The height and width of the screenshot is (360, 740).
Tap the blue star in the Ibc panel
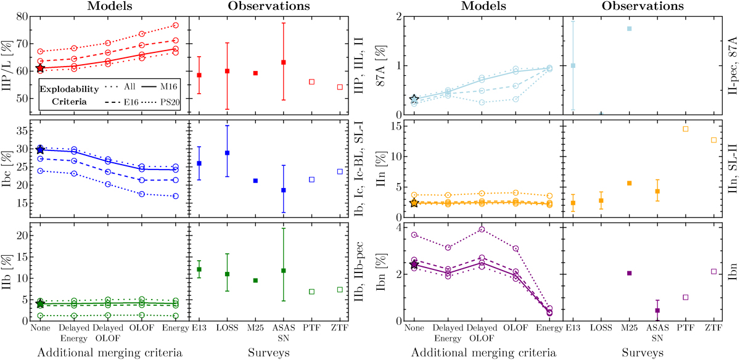40,149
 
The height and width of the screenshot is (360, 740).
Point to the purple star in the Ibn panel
414,264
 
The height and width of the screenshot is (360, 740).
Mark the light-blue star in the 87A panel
414,99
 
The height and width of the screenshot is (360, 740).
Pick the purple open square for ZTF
713,271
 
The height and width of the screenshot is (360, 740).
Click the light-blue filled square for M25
629,29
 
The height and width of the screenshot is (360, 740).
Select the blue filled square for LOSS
227,152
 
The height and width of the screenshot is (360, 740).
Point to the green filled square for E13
199,269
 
